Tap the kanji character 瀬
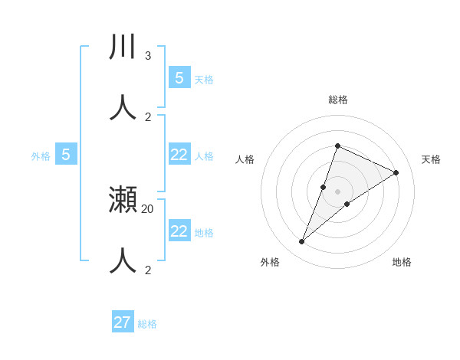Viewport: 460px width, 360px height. coord(123,201)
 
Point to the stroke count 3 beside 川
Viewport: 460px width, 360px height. coord(148,56)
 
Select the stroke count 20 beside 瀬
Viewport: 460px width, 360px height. coord(148,208)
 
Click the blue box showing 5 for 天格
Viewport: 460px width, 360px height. coord(179,77)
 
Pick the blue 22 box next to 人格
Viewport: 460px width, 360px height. coord(179,155)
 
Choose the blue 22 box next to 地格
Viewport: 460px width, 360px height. coord(179,231)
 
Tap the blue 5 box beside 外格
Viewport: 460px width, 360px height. coord(66,155)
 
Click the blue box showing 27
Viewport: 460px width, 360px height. coord(123,322)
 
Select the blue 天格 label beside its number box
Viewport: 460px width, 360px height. coord(204,79)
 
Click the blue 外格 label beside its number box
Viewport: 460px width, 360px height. coord(41,156)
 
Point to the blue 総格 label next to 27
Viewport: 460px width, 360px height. coord(147,324)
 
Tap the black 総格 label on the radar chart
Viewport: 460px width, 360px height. coord(338,100)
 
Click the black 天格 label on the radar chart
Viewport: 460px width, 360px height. coord(432,159)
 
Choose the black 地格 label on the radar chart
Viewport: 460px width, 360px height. coord(402,262)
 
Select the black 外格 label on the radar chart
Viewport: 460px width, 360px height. coord(270,262)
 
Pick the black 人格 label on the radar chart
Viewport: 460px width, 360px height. coord(245,159)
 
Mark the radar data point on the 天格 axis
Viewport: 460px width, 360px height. coord(396,172)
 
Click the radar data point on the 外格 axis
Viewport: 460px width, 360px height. coord(302,242)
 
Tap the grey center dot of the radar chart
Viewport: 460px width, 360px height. coord(338,191)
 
